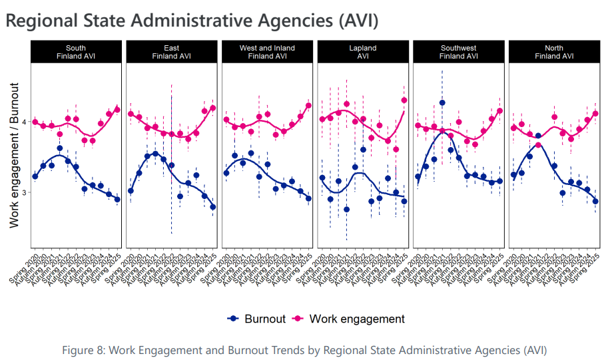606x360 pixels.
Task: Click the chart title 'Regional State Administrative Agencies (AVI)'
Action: pyautogui.click(x=192, y=21)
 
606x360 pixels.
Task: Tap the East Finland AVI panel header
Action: pyautogui.click(x=171, y=52)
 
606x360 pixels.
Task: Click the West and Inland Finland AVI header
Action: pyautogui.click(x=267, y=52)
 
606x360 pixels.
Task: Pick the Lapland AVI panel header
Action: pyautogui.click(x=363, y=52)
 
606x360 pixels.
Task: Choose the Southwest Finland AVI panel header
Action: pyautogui.click(x=459, y=52)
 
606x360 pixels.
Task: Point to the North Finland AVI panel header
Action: pyautogui.click(x=554, y=52)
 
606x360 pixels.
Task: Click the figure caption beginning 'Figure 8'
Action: pyautogui.click(x=304, y=349)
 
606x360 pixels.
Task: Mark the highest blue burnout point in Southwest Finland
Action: pyautogui.click(x=442, y=103)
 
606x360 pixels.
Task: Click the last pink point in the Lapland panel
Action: pyautogui.click(x=404, y=100)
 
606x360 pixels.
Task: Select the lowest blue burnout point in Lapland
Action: pyautogui.click(x=347, y=210)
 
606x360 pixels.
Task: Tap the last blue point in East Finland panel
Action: pyautogui.click(x=213, y=207)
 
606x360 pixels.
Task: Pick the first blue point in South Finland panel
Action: pyautogui.click(x=35, y=176)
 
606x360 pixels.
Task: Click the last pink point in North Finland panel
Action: pyautogui.click(x=595, y=114)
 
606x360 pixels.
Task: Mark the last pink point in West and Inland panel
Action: pyautogui.click(x=308, y=105)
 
